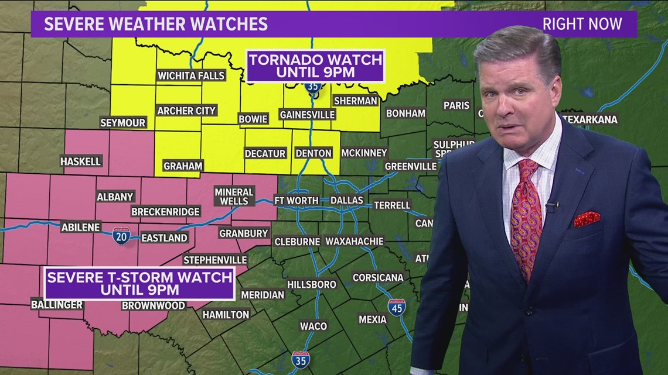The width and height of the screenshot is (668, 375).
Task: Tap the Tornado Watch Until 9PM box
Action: [315, 66]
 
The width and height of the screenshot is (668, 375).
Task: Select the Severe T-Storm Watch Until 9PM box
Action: [139, 283]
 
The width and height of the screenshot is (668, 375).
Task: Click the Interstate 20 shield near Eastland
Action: [121, 236]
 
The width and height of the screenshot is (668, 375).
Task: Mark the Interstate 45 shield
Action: [397, 307]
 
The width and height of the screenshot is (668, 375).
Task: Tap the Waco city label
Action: [313, 326]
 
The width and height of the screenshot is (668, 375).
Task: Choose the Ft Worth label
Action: [296, 200]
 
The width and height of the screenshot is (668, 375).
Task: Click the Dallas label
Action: [347, 200]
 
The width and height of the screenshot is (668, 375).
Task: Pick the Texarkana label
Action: [589, 119]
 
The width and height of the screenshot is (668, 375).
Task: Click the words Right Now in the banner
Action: [581, 24]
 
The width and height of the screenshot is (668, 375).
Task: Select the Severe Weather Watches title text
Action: [156, 24]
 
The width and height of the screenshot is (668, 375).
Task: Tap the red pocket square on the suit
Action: [586, 219]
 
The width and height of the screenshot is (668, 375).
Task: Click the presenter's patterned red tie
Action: [525, 216]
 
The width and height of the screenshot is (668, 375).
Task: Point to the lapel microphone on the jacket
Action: [551, 206]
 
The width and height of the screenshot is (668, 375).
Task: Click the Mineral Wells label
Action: [234, 196]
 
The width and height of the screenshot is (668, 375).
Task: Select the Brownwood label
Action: [154, 305]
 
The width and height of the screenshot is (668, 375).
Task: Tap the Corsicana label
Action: [378, 277]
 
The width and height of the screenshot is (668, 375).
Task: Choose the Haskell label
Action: [81, 161]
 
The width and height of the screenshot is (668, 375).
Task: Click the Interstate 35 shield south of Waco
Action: [300, 360]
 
